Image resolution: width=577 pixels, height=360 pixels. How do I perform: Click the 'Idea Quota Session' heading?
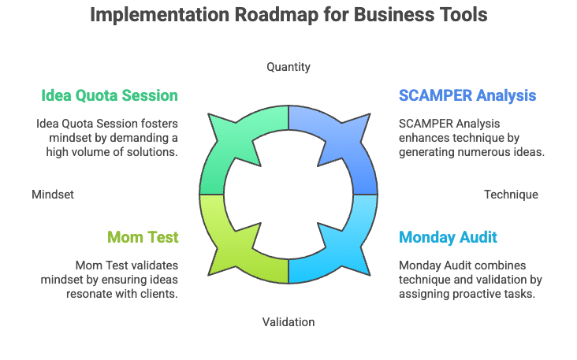tap(110, 95)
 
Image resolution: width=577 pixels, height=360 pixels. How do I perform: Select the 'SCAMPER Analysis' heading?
tap(467, 95)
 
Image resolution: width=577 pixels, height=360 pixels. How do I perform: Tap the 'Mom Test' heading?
tap(143, 236)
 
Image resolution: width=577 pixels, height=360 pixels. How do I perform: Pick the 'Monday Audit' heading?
tap(448, 236)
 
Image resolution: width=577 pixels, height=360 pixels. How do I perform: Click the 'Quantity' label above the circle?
tap(288, 67)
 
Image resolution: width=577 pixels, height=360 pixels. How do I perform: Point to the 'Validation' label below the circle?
tap(288, 321)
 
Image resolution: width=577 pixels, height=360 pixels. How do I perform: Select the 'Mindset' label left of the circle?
tap(53, 194)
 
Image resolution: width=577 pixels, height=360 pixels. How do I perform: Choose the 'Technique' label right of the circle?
tap(511, 194)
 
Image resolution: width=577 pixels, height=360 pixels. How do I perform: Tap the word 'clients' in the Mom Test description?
tap(159, 293)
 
